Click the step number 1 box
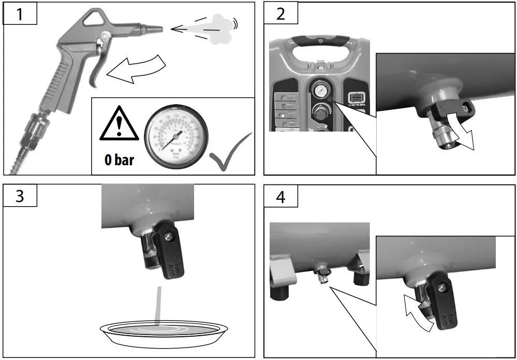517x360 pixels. (x=20, y=13)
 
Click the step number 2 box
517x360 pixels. (x=280, y=13)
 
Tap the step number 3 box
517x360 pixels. (x=20, y=196)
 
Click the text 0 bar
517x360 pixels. (x=120, y=159)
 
